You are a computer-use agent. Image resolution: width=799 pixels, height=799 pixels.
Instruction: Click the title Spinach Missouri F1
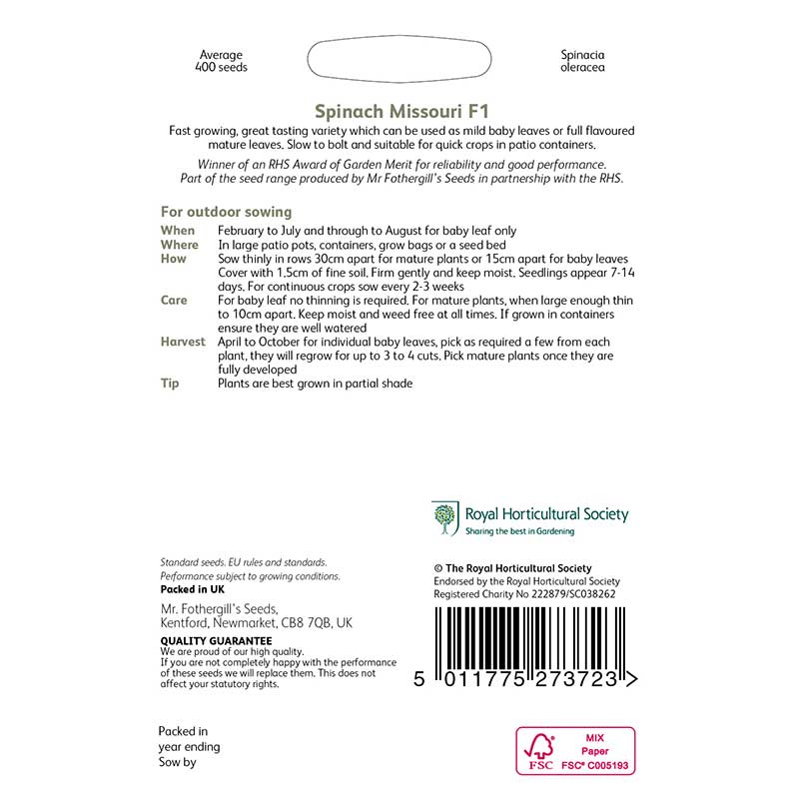[401, 113]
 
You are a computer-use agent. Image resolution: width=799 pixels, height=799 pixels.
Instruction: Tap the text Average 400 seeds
[222, 61]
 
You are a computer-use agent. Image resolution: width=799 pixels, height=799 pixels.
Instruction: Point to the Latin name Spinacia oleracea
[582, 61]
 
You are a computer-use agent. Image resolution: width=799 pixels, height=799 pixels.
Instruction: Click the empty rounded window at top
[400, 61]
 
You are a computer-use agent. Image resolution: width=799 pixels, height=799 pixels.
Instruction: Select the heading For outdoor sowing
[226, 212]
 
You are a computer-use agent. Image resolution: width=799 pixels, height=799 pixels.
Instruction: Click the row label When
[179, 231]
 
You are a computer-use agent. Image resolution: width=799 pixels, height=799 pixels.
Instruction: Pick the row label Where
[180, 245]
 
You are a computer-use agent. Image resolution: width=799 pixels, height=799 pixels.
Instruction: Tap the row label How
[174, 259]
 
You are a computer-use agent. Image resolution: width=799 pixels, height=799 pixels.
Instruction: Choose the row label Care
[175, 301]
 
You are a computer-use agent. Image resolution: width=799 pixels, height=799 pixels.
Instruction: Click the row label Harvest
[183, 342]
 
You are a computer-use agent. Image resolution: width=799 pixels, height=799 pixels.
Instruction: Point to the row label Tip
[170, 384]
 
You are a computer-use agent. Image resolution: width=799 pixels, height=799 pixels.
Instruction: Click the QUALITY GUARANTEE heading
[216, 640]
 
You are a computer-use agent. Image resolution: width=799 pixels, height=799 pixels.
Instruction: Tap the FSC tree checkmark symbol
[540, 745]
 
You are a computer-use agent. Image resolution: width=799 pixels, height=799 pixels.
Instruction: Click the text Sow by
[178, 763]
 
